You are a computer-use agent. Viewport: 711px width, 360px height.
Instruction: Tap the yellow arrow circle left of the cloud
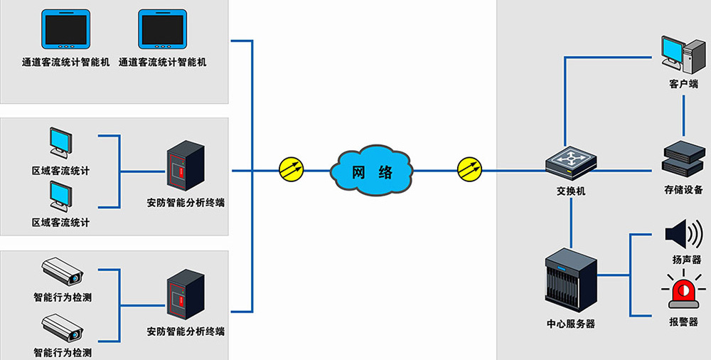tap(291, 170)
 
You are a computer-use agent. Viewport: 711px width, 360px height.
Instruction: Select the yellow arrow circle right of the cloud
tap(469, 170)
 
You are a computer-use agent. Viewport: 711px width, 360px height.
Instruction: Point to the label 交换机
tap(571, 191)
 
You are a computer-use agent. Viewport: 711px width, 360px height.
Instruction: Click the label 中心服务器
tap(571, 324)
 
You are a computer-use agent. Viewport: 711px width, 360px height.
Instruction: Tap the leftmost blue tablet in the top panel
tap(66, 31)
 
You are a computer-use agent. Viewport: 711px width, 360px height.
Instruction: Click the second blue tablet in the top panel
tap(162, 31)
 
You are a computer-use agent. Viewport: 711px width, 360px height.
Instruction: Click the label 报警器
tap(683, 322)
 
